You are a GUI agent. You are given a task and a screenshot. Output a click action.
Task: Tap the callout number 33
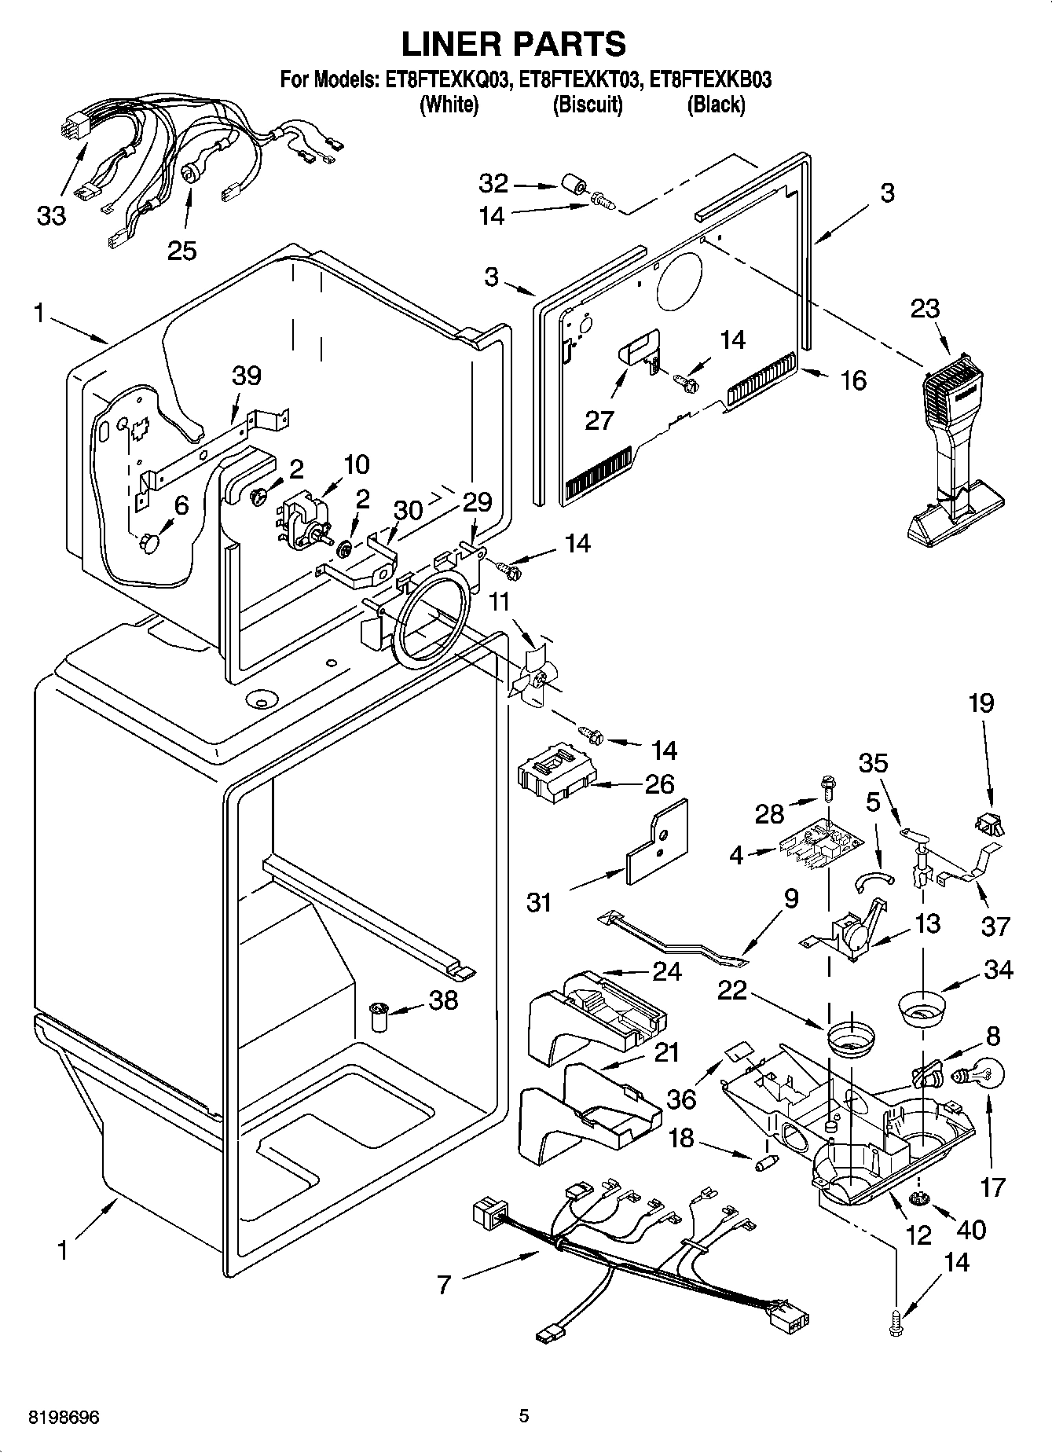[x=52, y=215]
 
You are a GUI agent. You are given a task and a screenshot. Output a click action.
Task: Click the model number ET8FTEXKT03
[x=588, y=79]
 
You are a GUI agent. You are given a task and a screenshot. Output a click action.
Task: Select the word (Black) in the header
[x=715, y=104]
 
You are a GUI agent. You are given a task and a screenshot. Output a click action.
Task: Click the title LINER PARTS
[x=514, y=43]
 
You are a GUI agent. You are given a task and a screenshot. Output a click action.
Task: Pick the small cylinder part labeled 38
[x=380, y=1018]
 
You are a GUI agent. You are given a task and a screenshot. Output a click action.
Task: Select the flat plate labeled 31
[x=658, y=843]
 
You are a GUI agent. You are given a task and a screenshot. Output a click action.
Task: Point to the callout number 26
[x=659, y=783]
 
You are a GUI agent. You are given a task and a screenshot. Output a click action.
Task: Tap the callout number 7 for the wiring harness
[x=445, y=1285]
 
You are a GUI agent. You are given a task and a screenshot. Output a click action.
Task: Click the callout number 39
[x=247, y=376]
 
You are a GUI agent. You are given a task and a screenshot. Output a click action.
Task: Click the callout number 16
[x=853, y=380]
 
